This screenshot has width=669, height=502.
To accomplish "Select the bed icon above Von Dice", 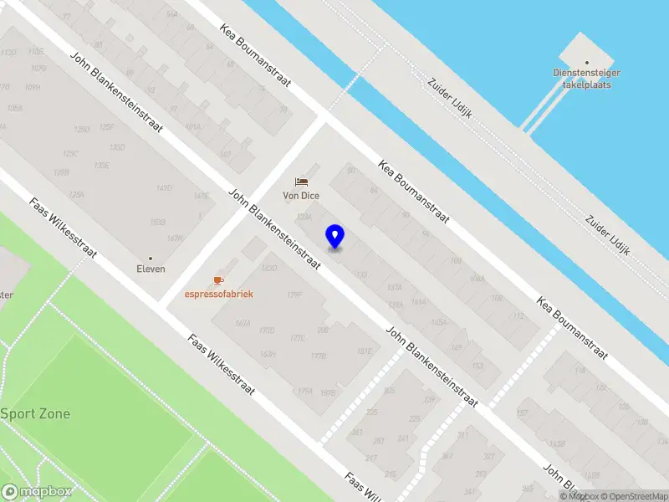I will tap(301, 182).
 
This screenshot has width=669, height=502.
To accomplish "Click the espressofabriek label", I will tap(219, 294).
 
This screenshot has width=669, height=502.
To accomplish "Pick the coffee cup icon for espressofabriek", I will tap(219, 279).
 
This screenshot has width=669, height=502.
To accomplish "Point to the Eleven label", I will tap(151, 269).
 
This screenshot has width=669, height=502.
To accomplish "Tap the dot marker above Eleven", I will tap(151, 258).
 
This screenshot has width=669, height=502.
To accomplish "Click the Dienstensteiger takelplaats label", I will tap(587, 79).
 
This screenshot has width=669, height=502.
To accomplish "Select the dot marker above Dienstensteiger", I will tap(587, 62).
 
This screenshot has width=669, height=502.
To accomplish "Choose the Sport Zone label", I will tap(35, 413).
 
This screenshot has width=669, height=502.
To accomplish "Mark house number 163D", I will tap(268, 269).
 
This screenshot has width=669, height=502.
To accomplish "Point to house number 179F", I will tap(294, 295).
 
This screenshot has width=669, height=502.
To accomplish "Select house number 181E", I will tap(364, 351).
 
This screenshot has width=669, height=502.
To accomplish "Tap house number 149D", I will tap(164, 188).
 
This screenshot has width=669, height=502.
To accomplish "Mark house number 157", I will tap(522, 413).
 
